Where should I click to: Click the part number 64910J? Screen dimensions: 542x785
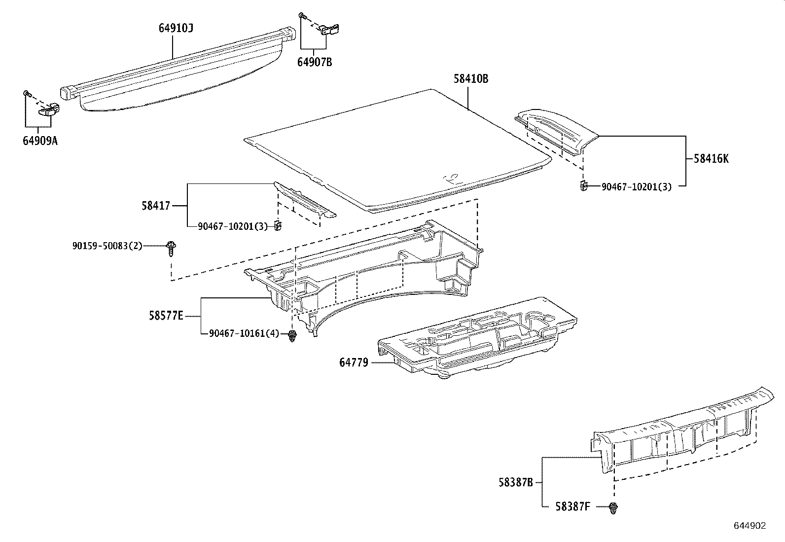click(176, 28)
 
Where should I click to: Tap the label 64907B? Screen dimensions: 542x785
click(314, 62)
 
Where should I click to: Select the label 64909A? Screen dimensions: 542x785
click(40, 141)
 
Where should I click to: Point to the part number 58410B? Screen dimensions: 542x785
click(471, 79)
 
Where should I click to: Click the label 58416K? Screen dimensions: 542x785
click(711, 159)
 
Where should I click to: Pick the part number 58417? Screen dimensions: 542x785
click(156, 205)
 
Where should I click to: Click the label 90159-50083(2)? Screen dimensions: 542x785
click(107, 245)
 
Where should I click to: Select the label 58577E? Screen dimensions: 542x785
click(166, 315)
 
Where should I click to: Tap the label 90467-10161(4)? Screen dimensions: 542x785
click(244, 334)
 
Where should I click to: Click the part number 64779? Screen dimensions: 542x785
click(354, 363)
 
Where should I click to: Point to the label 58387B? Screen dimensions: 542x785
click(515, 482)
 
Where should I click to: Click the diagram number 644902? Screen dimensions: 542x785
click(749, 526)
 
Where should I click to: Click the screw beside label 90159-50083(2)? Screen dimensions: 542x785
click(172, 248)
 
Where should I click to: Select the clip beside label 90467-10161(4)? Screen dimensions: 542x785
click(292, 336)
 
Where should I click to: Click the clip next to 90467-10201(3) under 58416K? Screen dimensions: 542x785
click(583, 186)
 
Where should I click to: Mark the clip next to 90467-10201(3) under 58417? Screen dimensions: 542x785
click(278, 226)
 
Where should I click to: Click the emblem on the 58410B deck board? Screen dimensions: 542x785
click(451, 179)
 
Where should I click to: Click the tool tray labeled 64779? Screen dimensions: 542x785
click(473, 340)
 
